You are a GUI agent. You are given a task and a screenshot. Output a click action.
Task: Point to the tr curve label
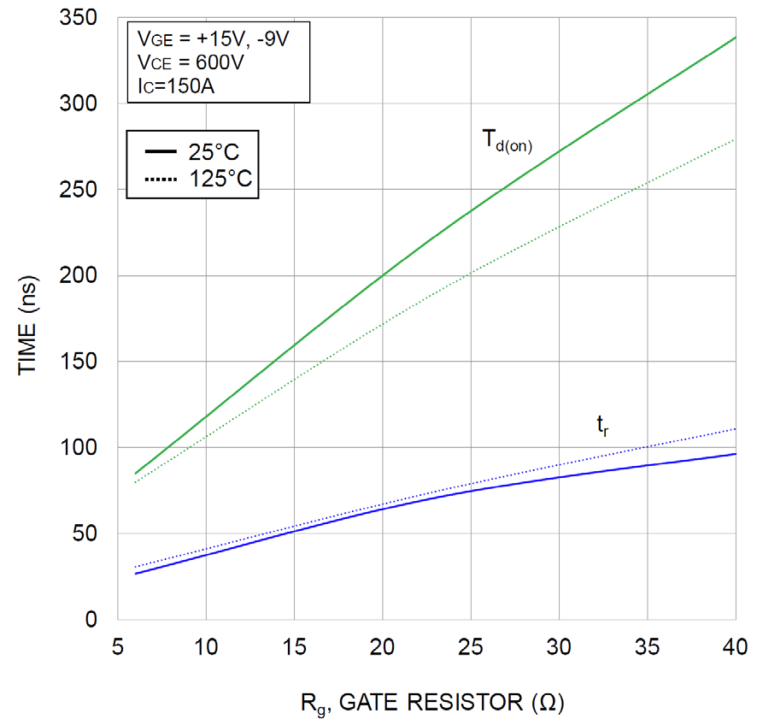603,425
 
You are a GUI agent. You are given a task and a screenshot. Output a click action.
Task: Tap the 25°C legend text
214,152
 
